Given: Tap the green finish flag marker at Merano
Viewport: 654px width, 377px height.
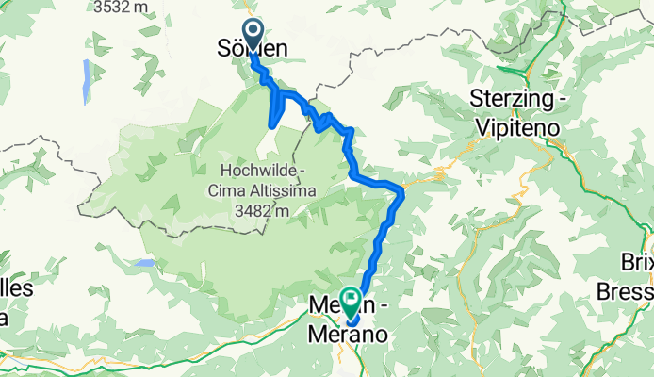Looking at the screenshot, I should point(351,303).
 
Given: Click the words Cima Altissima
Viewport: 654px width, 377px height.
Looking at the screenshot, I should point(269,190).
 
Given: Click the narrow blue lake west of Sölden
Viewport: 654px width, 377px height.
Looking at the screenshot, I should point(87,80).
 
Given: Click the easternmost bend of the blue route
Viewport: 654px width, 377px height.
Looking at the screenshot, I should point(403,193).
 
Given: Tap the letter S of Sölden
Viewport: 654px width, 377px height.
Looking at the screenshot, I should point(225,47).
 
